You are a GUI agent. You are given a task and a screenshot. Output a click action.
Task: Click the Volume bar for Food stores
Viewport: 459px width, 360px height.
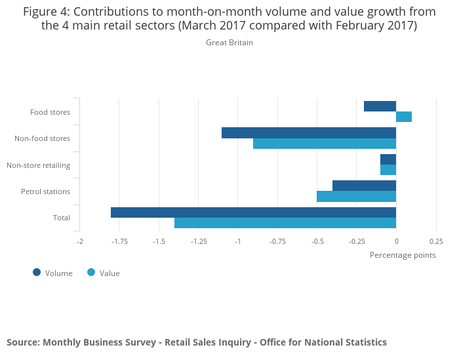coord(380,106)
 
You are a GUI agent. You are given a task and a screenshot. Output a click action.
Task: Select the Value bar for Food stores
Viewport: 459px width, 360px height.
coord(404,117)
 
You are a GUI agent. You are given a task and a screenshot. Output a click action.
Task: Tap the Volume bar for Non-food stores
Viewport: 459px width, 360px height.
coord(309,133)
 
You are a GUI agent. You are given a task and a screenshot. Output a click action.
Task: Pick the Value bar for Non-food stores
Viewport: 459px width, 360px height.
coord(325,144)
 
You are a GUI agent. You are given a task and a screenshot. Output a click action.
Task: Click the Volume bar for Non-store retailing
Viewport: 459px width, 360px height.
coord(388,159)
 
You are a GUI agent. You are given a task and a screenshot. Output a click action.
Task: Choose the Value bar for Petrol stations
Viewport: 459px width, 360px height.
coord(356,197)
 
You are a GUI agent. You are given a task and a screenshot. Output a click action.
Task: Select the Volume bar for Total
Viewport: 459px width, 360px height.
coord(253,212)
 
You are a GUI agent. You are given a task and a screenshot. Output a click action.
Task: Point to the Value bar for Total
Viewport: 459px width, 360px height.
coord(285,223)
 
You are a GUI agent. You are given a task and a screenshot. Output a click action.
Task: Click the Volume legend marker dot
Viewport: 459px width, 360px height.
coord(37,272)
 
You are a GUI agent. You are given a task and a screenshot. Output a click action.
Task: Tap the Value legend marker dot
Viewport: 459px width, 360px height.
coord(91,272)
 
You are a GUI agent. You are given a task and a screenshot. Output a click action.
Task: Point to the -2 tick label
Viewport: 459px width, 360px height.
coord(79,241)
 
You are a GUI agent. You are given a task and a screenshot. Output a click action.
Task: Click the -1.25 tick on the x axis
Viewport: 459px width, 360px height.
coord(199,241)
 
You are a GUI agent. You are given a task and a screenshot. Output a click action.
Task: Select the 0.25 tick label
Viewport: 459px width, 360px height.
coord(436,241)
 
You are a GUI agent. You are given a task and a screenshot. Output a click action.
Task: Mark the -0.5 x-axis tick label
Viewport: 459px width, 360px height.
coord(317,241)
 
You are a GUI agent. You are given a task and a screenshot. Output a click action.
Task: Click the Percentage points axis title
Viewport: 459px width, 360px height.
coord(403,255)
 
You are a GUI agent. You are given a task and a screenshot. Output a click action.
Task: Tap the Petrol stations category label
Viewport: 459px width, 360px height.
coord(45,191)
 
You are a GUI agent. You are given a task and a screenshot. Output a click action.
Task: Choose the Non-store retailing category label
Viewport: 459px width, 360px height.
coord(38,165)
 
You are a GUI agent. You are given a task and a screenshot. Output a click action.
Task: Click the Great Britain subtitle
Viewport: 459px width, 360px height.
coord(229,43)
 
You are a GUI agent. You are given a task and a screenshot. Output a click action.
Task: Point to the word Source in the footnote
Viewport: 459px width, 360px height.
coord(22,342)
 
